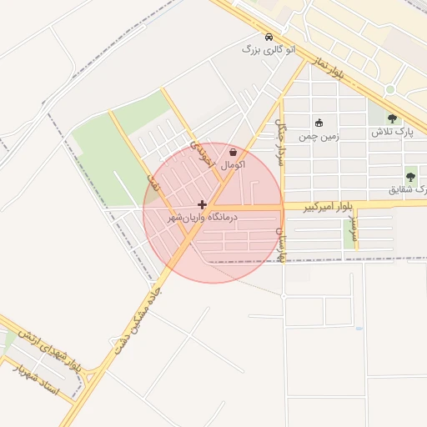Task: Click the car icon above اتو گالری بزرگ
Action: (268, 37)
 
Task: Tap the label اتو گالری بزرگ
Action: (269, 50)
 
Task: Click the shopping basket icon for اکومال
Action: (232, 153)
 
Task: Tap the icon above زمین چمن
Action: (319, 123)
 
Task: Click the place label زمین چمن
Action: (319, 134)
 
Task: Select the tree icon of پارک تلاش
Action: (392, 118)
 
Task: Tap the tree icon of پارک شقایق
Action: (410, 177)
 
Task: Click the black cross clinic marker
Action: (202, 203)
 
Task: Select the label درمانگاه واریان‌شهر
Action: (203, 217)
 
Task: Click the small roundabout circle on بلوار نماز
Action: (389, 89)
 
